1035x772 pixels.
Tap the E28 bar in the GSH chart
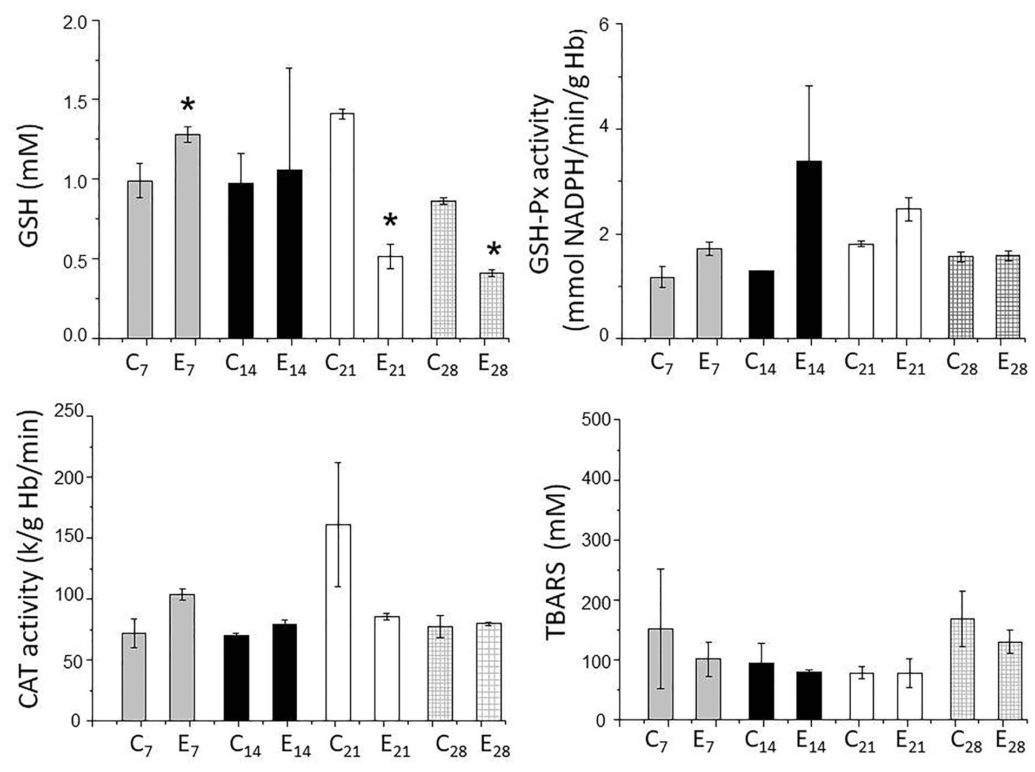pyautogui.click(x=491, y=305)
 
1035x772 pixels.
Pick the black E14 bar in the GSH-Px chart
pyautogui.click(x=809, y=249)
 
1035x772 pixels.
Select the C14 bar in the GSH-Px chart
pyautogui.click(x=762, y=304)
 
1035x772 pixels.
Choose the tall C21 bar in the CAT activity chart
pyautogui.click(x=338, y=622)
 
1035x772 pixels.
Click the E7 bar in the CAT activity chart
pyautogui.click(x=182, y=657)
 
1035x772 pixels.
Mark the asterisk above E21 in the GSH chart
pyautogui.click(x=390, y=221)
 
